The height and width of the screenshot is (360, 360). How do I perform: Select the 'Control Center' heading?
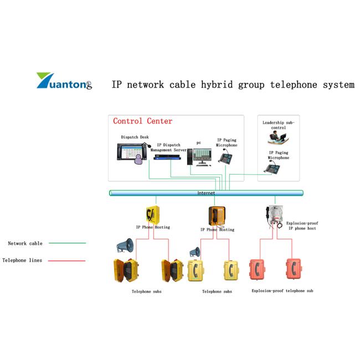tap(142, 121)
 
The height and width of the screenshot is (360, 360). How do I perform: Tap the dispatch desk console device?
tap(133, 152)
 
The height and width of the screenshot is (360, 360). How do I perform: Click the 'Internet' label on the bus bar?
tap(206, 193)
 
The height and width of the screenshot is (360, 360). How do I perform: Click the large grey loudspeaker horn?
tap(125, 245)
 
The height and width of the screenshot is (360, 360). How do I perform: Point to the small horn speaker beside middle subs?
tap(194, 252)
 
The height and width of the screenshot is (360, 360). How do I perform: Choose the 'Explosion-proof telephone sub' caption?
tap(282, 291)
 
